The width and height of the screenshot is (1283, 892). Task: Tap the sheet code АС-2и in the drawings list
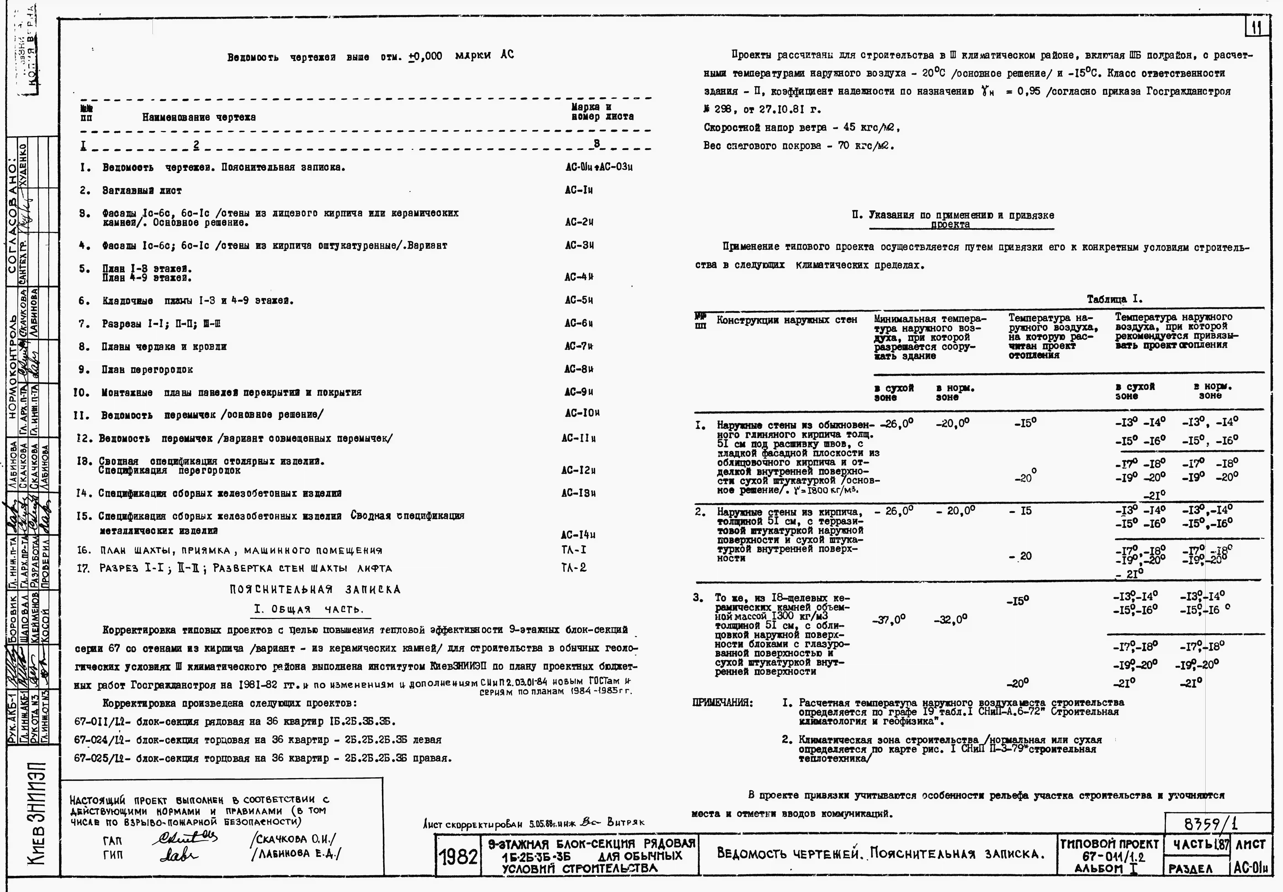(x=579, y=222)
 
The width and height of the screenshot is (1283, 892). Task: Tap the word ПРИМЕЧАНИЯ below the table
(x=722, y=703)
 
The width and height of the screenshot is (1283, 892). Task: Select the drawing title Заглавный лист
(x=142, y=191)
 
